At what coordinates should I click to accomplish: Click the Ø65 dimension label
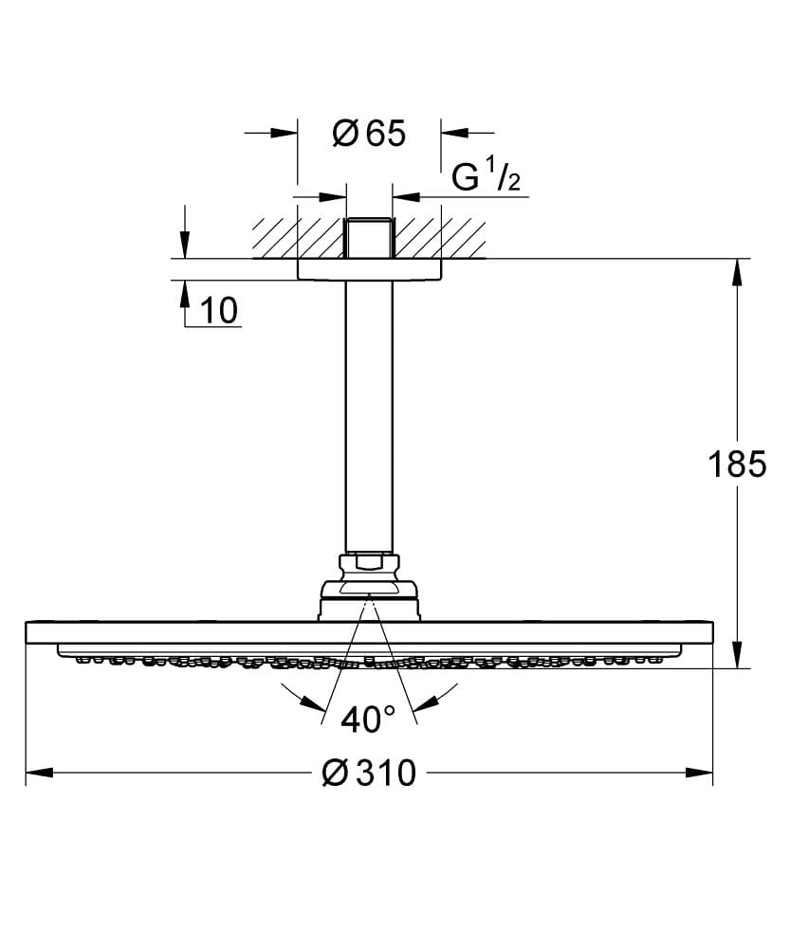pos(369,135)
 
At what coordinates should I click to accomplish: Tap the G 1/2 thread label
pos(487,177)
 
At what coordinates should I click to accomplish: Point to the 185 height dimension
pos(737,464)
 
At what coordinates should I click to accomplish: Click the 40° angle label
pos(368,720)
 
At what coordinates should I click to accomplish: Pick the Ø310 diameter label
pos(369,774)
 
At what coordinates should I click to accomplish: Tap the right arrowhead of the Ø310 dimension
pos(702,774)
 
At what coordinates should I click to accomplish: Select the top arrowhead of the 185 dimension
pos(737,270)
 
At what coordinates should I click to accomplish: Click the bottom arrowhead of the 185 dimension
pos(737,657)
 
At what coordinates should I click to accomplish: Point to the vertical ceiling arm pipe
pos(369,417)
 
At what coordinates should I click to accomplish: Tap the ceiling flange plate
pos(369,269)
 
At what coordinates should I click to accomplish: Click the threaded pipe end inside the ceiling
pos(369,239)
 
